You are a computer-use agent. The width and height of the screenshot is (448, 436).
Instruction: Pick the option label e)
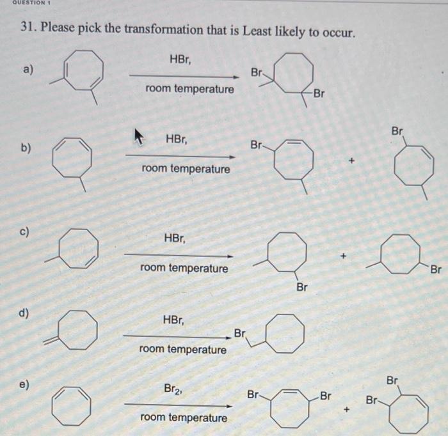(x=25, y=386)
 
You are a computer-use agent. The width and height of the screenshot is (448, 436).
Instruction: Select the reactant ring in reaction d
(x=78, y=331)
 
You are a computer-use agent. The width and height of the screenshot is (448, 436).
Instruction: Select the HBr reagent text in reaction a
(x=181, y=59)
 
